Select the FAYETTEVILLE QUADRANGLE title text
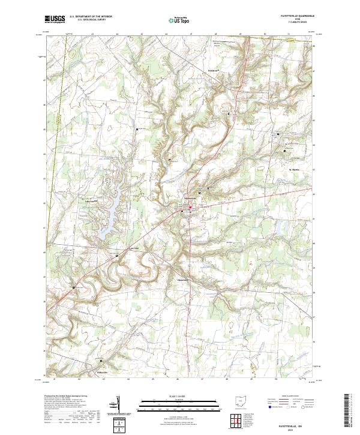[293, 16]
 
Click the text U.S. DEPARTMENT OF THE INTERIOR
[91, 17]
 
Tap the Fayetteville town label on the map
[190, 198]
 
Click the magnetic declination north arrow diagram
[118, 406]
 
